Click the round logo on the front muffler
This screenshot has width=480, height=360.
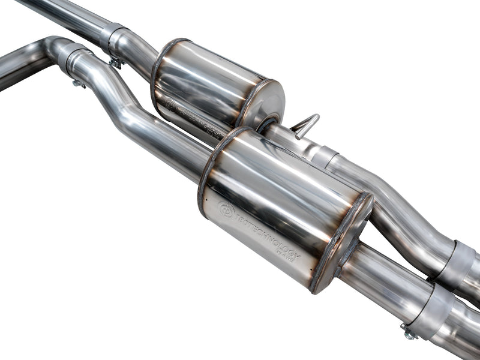tap(226, 210)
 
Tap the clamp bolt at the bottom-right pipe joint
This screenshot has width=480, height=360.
tap(410, 334)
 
